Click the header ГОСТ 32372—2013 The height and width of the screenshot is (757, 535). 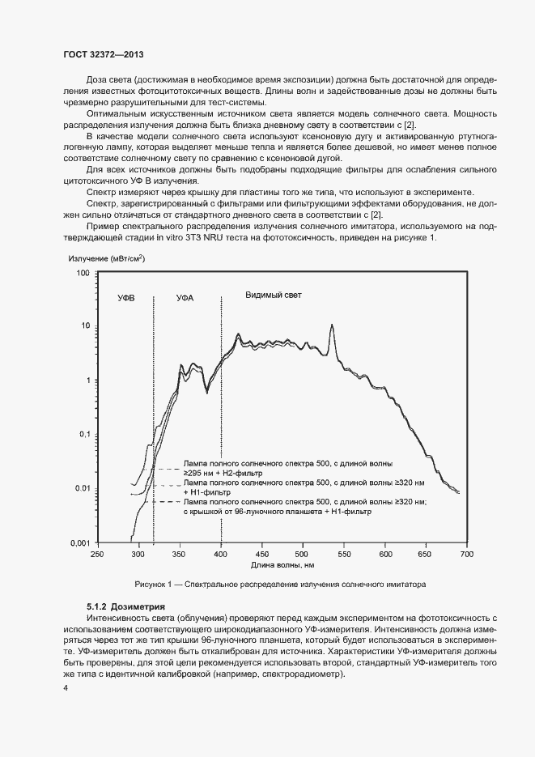point(104,54)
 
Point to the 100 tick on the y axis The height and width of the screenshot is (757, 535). point(82,274)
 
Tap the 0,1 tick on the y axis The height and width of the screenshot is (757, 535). point(83,435)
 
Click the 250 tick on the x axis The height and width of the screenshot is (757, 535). point(97,554)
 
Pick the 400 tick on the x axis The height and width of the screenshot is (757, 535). point(221,554)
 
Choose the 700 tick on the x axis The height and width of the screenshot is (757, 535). point(467,554)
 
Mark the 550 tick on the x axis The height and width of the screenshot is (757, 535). point(344,554)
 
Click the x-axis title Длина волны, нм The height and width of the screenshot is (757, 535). point(283,565)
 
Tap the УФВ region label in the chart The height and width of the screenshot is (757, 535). point(125,299)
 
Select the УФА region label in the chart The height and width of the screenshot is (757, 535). point(185,299)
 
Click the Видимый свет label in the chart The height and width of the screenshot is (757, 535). point(274,296)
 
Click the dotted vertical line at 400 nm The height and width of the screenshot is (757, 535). point(221,421)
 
